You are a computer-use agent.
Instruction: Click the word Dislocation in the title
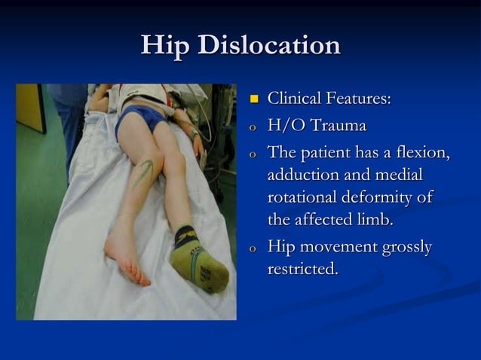click(x=268, y=46)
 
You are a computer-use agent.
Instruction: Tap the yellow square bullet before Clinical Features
click(x=254, y=99)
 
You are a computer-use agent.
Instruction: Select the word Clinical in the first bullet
click(x=294, y=99)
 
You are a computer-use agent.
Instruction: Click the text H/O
click(x=286, y=126)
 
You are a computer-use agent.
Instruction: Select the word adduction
click(x=302, y=175)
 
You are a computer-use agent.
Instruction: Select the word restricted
click(x=302, y=270)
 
